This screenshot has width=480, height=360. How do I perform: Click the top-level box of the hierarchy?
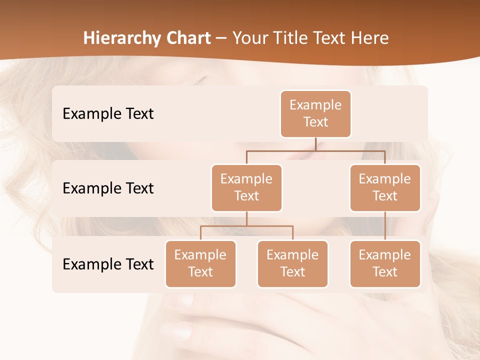coord(315,114)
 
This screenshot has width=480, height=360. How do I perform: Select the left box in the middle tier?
coord(246,188)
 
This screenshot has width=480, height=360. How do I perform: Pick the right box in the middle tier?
coord(385,188)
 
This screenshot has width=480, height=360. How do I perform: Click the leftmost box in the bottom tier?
coord(200,264)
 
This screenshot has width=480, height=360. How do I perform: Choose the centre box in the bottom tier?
coord(292,264)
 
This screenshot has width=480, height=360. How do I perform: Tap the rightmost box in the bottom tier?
coord(385,264)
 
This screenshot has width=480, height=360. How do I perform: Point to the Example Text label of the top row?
coord(108,114)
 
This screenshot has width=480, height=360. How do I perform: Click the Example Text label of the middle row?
coord(108,188)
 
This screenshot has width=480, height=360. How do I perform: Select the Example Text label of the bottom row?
coord(108,264)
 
